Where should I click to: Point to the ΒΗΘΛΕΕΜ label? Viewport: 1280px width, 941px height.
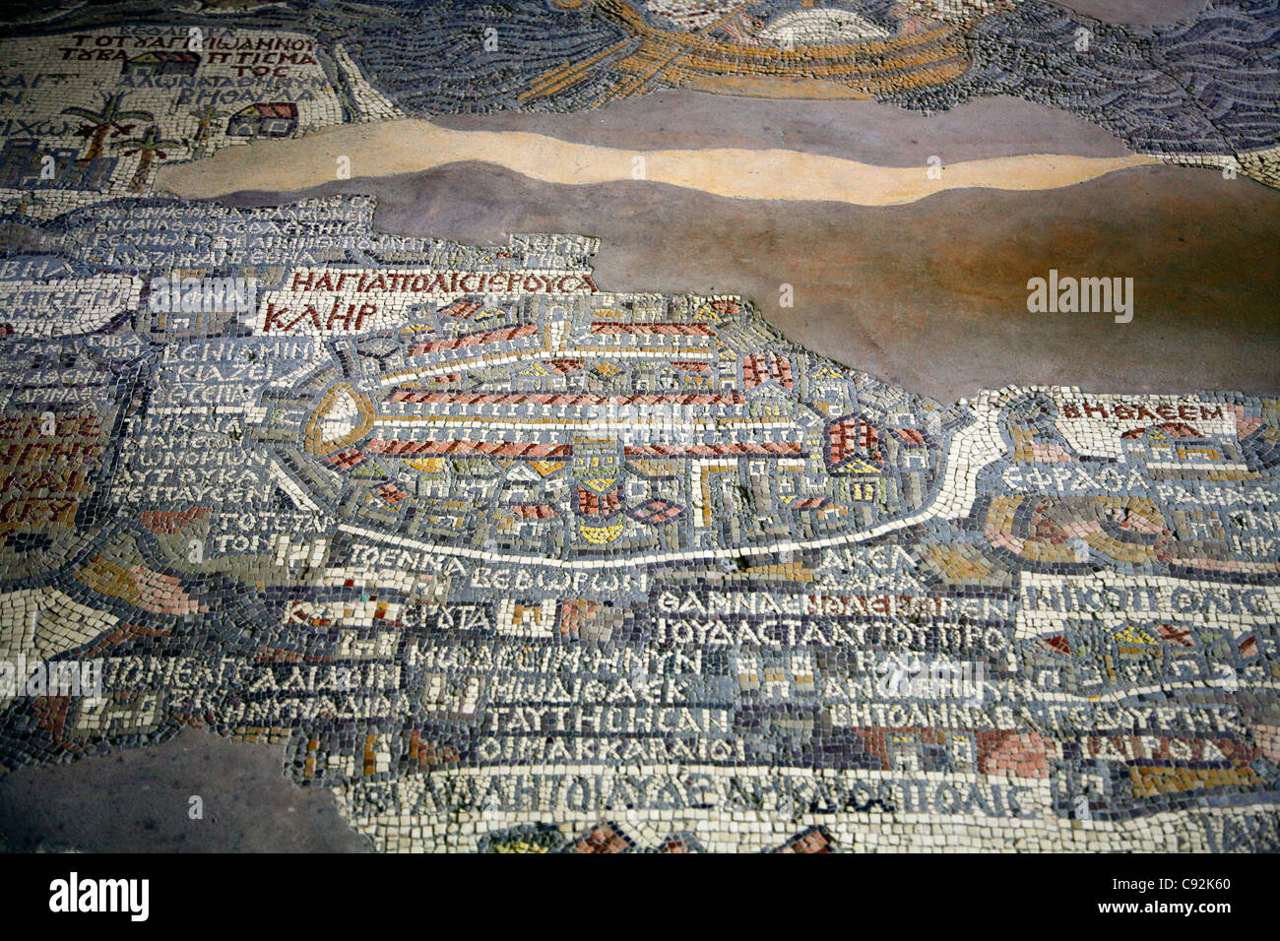pyautogui.click(x=1143, y=411)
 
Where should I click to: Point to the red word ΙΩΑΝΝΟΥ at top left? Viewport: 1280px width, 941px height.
pyautogui.click(x=266, y=45)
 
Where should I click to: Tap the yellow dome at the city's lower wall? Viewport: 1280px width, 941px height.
pyautogui.click(x=601, y=532)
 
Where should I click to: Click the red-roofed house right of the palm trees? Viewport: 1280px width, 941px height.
pyautogui.click(x=264, y=120)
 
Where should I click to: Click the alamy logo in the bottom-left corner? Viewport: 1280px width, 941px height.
pyautogui.click(x=98, y=896)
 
